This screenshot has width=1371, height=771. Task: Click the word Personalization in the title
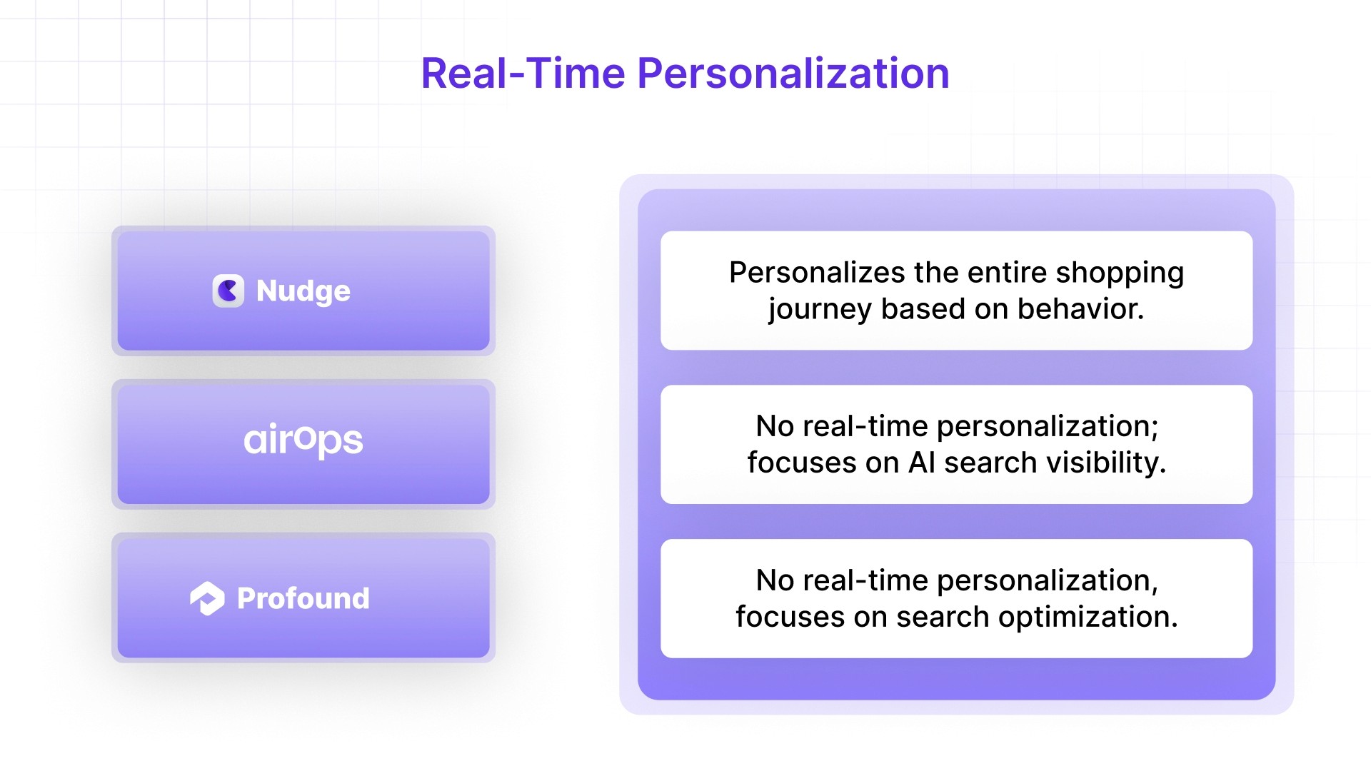click(x=793, y=74)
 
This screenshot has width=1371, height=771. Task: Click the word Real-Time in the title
click(x=523, y=74)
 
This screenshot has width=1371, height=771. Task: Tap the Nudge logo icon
click(x=228, y=291)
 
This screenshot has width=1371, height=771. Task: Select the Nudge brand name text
click(x=303, y=291)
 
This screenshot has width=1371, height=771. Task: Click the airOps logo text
click(x=303, y=440)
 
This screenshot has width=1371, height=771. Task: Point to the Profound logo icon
click(x=207, y=598)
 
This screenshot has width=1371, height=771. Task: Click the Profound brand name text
click(x=303, y=598)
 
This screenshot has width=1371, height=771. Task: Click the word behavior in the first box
click(x=1080, y=309)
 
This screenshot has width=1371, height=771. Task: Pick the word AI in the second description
click(x=921, y=463)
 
